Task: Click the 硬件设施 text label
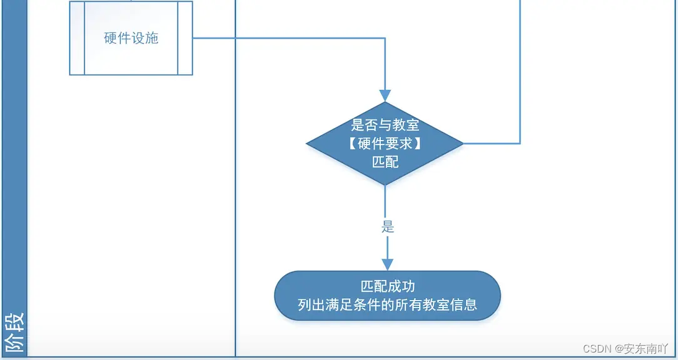(131, 38)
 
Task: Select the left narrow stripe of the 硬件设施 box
(77, 38)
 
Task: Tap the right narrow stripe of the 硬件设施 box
(185, 38)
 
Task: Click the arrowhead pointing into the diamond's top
(385, 96)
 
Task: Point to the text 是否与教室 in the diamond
(385, 125)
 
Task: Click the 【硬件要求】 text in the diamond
(385, 143)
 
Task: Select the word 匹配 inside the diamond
(385, 161)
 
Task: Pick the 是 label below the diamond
(388, 227)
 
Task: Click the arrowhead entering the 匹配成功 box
(387, 264)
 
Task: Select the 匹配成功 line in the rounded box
(388, 287)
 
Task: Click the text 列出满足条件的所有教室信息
(388, 305)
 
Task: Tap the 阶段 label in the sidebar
(14, 332)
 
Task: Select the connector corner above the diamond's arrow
(385, 38)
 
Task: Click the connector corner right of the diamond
(520, 144)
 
